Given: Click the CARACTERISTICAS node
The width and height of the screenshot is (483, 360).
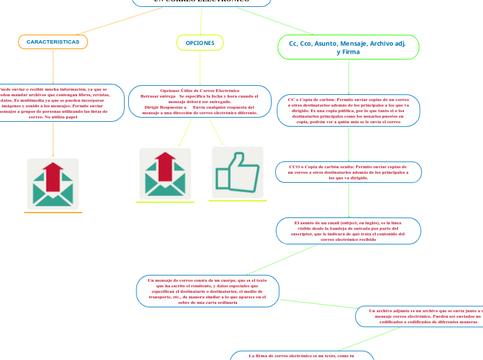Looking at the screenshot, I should [x=53, y=42].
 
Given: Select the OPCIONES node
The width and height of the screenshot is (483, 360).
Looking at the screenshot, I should [x=200, y=43].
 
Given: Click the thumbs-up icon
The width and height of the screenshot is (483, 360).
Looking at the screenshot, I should [x=237, y=172].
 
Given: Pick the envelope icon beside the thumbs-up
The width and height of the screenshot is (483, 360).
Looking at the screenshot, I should [x=165, y=174].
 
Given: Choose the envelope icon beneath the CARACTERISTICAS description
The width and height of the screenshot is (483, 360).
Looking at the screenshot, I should [x=53, y=184].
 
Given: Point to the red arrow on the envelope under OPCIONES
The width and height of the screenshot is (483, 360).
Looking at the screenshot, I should [x=165, y=165].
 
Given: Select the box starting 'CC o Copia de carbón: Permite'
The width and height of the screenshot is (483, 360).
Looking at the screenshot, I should [x=349, y=111].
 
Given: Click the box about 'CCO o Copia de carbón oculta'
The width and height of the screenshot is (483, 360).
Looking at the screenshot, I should [x=349, y=172].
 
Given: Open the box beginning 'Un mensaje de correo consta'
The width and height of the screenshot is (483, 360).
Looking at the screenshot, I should [x=208, y=291].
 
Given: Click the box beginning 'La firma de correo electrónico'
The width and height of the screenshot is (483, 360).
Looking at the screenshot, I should [x=301, y=355].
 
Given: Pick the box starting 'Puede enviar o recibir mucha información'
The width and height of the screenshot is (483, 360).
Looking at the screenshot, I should [x=55, y=103].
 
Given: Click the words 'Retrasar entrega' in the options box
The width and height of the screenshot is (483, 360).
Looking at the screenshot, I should [x=158, y=96].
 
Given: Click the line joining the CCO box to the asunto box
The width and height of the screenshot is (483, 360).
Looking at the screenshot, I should [x=349, y=200].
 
